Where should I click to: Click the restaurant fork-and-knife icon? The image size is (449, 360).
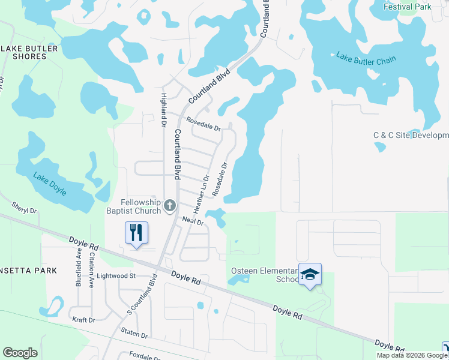point(136,232)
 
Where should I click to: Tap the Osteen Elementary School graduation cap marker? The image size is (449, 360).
point(310,274)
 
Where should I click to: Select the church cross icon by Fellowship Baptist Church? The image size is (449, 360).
point(170,206)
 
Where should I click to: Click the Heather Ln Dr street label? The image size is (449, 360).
point(202,194)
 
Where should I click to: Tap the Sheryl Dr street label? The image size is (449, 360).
point(25,208)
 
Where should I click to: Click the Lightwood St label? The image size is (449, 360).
point(116,275)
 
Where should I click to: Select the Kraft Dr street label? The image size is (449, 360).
point(83,320)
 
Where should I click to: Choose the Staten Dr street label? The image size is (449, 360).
point(133,334)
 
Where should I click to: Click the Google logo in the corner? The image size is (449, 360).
point(20,353)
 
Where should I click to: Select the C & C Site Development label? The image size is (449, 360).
point(411,136)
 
